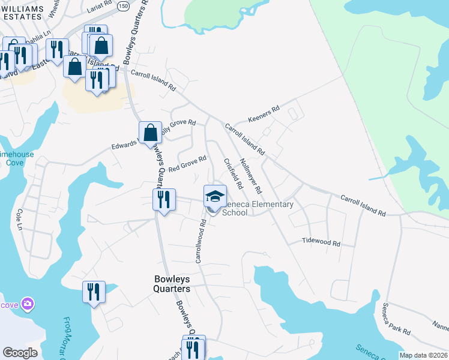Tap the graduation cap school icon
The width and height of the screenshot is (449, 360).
(215, 196)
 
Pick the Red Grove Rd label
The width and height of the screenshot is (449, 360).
(187, 163)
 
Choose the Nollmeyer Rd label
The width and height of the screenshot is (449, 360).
(250, 176)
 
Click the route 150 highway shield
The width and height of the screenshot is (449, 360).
(123, 5)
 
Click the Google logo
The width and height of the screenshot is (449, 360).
(20, 353)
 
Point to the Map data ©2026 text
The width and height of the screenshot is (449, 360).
(423, 355)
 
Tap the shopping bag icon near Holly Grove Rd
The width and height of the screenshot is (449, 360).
(150, 133)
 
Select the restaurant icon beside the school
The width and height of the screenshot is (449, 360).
(163, 199)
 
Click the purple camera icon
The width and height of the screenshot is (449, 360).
(27, 304)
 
